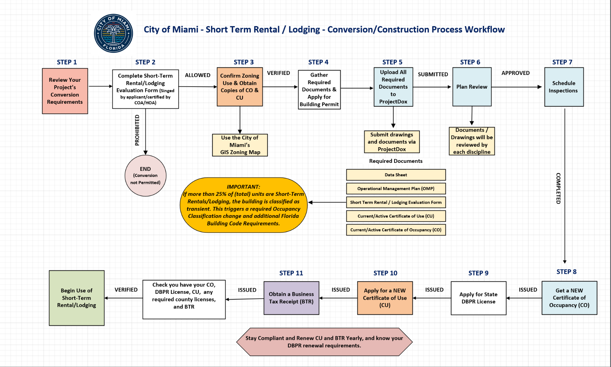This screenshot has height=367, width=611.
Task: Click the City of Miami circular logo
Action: pos(114,33)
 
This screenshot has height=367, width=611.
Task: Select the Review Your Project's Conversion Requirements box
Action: pos(65,91)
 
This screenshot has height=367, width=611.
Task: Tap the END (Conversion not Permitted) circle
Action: pos(146,176)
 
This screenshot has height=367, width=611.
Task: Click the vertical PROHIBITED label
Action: pos(137,130)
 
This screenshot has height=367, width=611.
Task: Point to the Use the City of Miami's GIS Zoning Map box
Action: pos(240,145)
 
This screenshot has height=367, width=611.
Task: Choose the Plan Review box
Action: pos(472,87)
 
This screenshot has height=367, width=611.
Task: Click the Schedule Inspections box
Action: pos(564,87)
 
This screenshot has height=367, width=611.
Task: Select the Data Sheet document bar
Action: pos(396,175)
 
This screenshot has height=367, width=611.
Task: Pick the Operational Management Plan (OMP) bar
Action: pos(396,189)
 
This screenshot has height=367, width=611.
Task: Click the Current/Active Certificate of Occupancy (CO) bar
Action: pos(396,230)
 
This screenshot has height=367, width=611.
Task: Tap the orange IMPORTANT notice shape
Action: pos(243,205)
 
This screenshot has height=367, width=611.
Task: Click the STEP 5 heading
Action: pos(392,62)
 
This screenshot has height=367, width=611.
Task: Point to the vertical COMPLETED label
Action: pos(558,188)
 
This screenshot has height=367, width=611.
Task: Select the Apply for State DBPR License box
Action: pos(478,298)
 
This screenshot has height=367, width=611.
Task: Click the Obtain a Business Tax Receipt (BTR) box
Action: pos(291,298)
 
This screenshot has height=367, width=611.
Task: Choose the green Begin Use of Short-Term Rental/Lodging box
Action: pos(77,298)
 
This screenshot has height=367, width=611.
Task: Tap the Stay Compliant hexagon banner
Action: pos(324,342)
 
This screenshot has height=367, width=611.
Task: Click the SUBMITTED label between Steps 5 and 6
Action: pos(433,74)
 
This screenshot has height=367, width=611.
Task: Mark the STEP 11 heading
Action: pos(291,273)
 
